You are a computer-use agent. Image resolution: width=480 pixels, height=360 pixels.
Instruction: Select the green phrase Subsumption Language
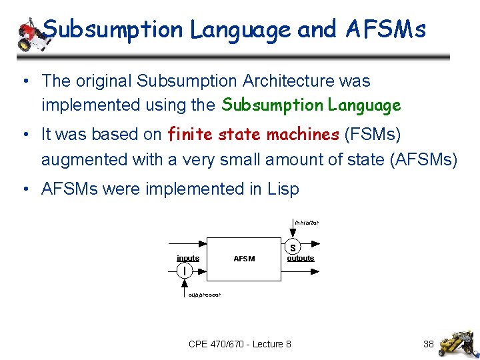(x=311, y=105)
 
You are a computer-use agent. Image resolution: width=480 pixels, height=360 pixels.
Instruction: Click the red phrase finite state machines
(x=253, y=134)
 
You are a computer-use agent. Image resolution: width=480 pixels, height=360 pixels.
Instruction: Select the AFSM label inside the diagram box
(x=244, y=259)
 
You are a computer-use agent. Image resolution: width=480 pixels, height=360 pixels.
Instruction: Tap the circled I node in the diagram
(x=184, y=270)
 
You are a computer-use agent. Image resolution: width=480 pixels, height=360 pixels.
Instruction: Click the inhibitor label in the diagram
(x=307, y=222)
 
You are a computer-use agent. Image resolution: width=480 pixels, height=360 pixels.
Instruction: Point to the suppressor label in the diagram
(x=204, y=294)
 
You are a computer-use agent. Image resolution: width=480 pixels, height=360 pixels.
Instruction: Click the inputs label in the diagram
(x=188, y=258)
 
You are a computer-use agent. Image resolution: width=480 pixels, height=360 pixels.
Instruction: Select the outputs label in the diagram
(x=301, y=258)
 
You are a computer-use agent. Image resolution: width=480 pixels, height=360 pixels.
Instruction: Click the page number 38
(x=429, y=344)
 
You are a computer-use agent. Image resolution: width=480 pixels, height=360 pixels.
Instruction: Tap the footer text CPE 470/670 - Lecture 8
(x=240, y=344)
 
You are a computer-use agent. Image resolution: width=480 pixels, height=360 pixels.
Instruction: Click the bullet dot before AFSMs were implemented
(x=25, y=189)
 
